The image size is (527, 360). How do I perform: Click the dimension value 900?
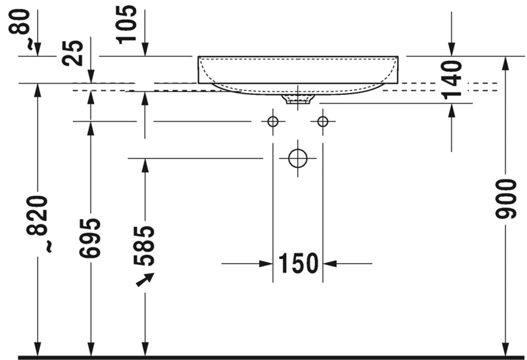505,199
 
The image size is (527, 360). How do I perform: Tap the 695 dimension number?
91,238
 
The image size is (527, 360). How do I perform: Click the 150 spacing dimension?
298,264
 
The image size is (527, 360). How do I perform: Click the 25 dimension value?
73,53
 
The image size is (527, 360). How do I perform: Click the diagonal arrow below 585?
145,280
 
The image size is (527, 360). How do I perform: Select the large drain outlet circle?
298,158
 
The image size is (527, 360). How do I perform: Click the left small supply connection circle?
273,121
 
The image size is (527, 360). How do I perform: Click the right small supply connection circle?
323,121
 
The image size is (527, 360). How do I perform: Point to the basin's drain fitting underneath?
298,99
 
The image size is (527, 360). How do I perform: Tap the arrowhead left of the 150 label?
266,264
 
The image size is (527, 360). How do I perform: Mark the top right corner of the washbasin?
398,57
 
